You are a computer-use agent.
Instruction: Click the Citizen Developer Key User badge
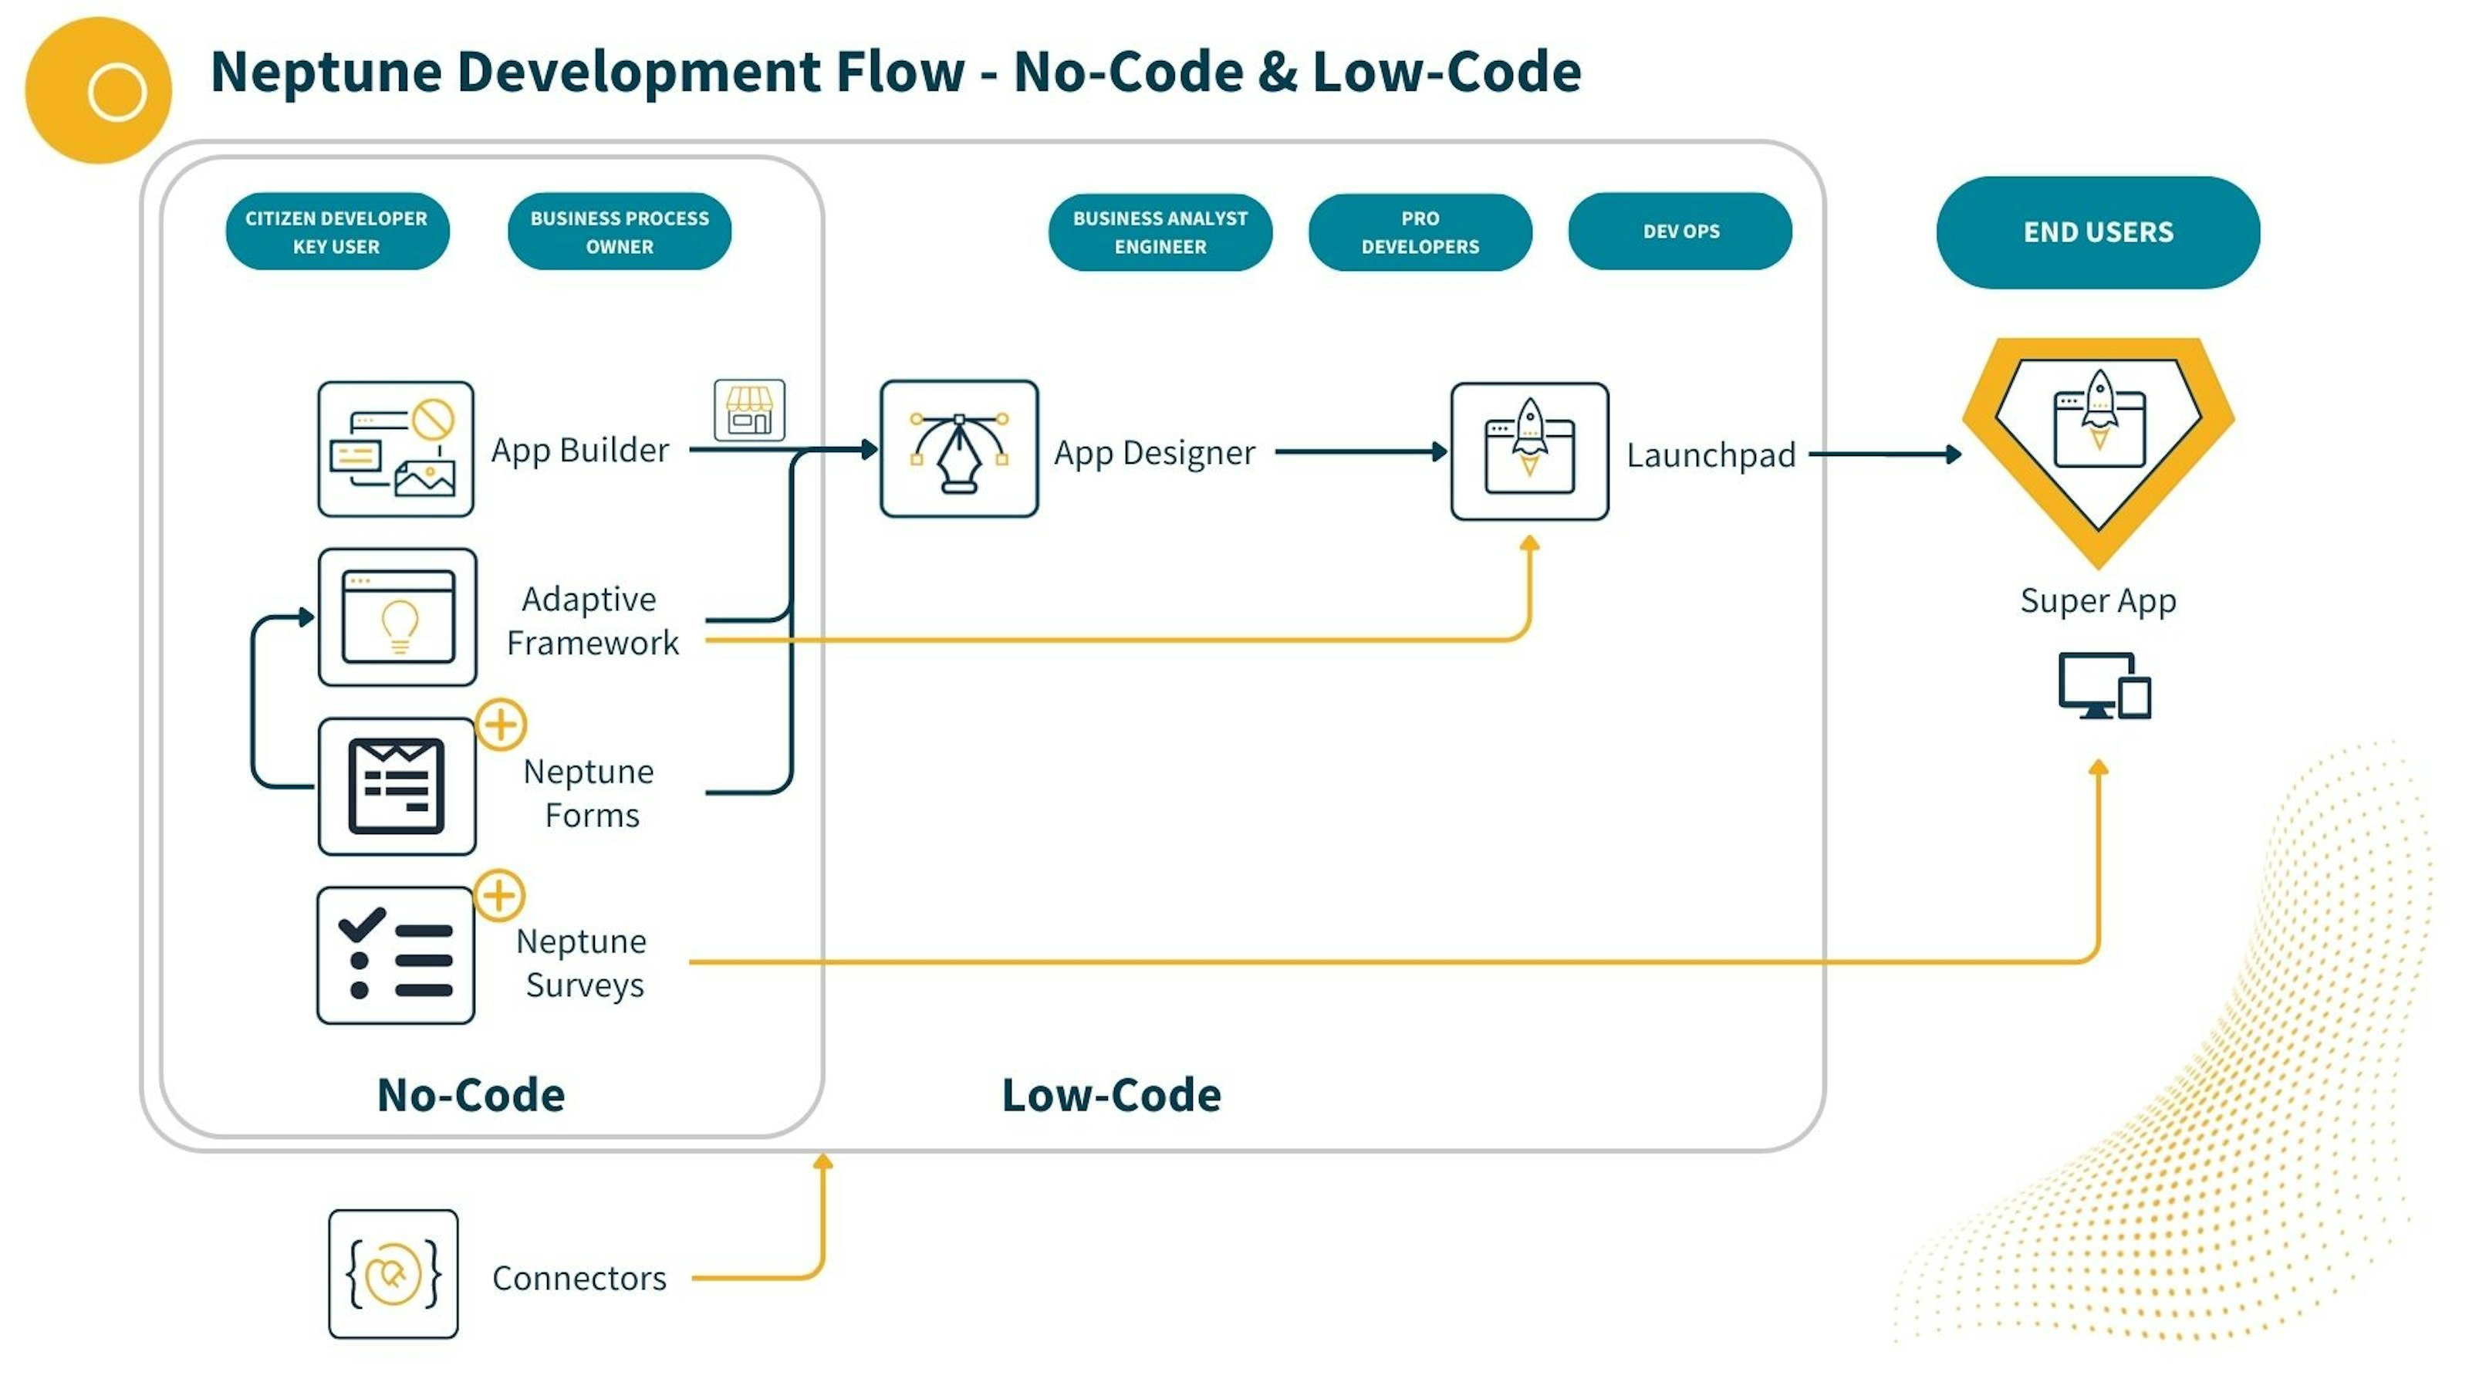(336, 232)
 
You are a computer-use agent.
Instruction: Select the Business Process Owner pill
(619, 232)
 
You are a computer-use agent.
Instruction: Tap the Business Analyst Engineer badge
(1160, 232)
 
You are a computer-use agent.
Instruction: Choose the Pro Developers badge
(1420, 232)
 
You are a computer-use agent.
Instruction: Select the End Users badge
(2097, 232)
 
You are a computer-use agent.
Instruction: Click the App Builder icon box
(396, 448)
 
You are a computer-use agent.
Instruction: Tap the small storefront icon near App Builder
(748, 411)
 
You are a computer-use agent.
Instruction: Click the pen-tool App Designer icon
(958, 448)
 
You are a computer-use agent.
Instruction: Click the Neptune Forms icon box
(397, 786)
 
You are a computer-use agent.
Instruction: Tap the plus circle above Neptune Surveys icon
(499, 896)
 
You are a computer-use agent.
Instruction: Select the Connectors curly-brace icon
(393, 1274)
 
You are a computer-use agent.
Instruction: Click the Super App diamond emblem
(2098, 441)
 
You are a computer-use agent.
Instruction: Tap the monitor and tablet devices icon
(2104, 685)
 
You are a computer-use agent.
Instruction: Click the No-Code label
(471, 1095)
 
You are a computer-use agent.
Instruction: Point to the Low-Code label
(1111, 1095)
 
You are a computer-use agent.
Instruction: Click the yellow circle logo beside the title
(98, 90)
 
